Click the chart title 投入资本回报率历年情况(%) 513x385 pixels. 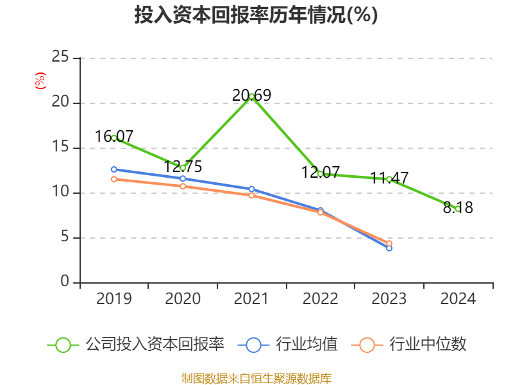tap(256, 15)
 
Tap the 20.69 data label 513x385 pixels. tap(251, 96)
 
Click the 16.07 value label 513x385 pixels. tap(114, 137)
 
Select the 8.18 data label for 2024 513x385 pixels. tap(458, 208)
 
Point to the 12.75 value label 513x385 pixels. tap(183, 167)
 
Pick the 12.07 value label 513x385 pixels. tap(320, 173)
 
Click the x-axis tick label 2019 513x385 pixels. tap(114, 299)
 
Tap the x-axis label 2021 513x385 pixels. tap(251, 299)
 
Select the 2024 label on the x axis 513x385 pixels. tap(458, 299)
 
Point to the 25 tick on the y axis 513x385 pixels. tap(60, 58)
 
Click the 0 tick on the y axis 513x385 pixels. tap(65, 282)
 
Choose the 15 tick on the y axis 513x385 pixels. tap(60, 148)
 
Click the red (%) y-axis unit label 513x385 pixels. tap(40, 80)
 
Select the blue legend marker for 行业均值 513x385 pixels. tap(253, 345)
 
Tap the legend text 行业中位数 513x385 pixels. tap(421, 345)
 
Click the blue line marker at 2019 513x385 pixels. tap(114, 169)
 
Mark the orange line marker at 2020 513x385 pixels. tap(183, 186)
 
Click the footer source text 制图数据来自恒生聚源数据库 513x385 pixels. tap(256, 378)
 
